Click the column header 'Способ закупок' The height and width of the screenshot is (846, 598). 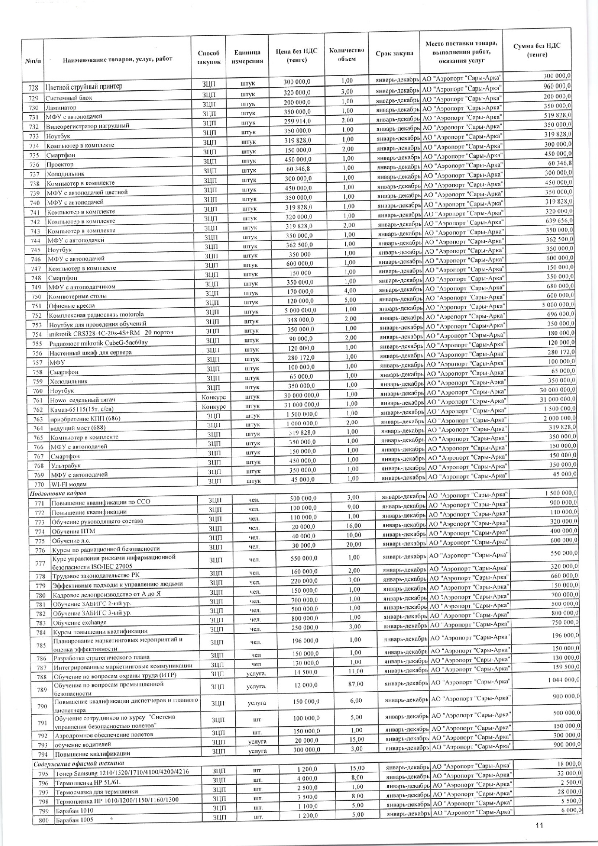208,57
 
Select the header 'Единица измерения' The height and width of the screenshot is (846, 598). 247,57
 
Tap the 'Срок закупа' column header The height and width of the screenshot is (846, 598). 394,53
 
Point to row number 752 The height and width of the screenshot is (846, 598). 37,315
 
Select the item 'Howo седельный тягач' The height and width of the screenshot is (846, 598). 82,400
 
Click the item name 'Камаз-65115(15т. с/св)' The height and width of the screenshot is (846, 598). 84,409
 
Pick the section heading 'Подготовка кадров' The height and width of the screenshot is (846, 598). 58,493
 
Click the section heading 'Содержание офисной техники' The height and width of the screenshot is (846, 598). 79,763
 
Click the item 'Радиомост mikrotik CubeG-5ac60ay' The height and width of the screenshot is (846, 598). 98,343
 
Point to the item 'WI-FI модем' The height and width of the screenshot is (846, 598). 68,484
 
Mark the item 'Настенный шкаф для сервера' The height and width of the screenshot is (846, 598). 90,353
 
